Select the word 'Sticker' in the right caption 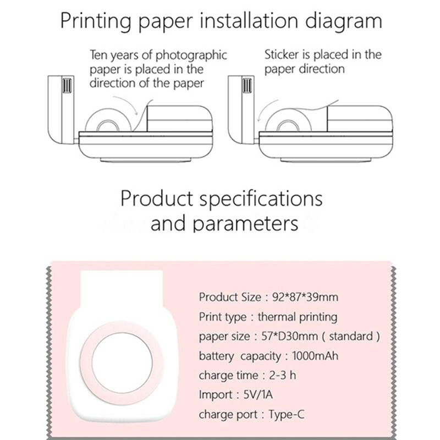click(x=282, y=54)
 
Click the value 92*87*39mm click(x=305, y=297)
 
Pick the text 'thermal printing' click(x=298, y=317)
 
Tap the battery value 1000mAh click(x=315, y=356)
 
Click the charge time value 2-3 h click(x=283, y=375)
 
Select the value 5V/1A click(x=258, y=395)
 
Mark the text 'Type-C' click(x=287, y=415)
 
